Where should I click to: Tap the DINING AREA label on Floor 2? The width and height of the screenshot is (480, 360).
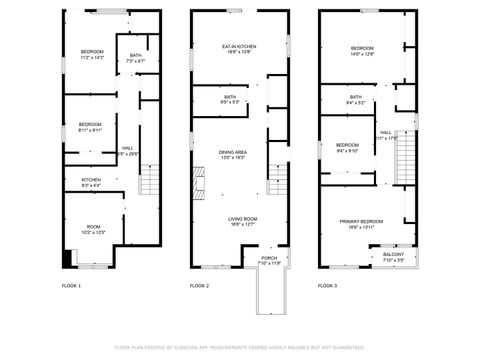click(x=233, y=153)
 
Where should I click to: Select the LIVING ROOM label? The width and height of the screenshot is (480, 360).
click(x=243, y=219)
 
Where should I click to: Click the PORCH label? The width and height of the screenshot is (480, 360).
click(x=269, y=259)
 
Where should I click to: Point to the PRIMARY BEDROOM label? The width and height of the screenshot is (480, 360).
click(x=362, y=221)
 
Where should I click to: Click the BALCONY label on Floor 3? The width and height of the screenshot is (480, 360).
click(x=394, y=255)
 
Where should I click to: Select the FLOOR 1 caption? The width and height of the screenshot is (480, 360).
click(x=71, y=286)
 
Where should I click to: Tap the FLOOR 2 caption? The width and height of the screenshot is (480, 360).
click(x=199, y=286)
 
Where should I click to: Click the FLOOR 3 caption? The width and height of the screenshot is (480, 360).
click(x=328, y=286)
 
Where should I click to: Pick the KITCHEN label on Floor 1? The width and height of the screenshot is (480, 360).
click(x=91, y=179)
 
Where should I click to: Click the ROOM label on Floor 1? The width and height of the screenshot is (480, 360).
click(x=93, y=227)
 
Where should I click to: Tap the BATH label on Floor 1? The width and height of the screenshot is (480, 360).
click(x=135, y=56)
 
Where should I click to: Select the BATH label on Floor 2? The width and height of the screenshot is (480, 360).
click(x=230, y=97)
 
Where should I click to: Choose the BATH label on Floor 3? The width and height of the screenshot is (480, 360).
click(x=356, y=97)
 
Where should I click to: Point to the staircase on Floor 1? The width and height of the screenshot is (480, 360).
click(x=149, y=179)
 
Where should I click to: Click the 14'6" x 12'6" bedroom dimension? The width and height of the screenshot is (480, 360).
click(x=362, y=54)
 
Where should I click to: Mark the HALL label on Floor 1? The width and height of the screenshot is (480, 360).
click(x=128, y=147)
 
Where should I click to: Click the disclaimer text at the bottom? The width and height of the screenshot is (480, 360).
click(x=240, y=347)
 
